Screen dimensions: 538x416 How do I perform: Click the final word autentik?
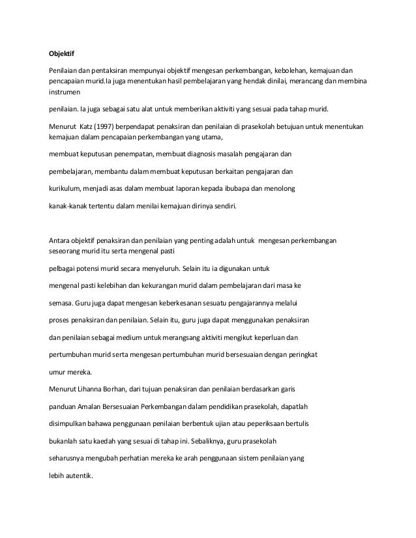[73, 475]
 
